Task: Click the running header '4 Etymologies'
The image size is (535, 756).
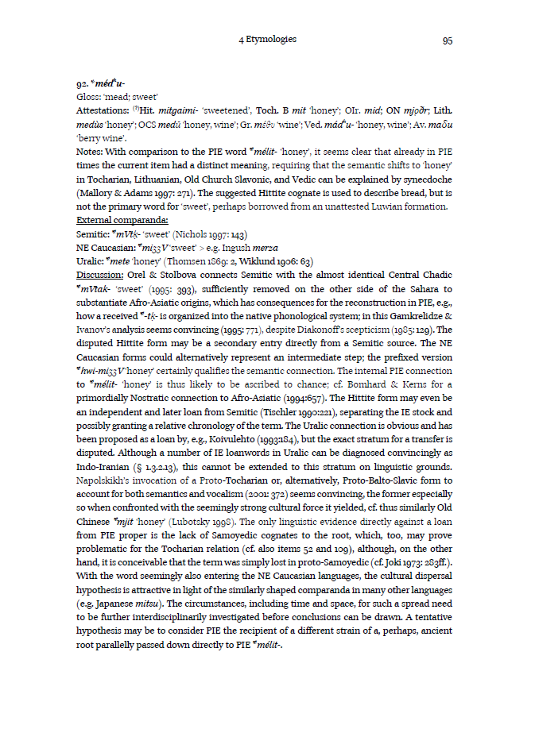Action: [267, 39]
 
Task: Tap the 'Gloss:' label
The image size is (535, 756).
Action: [89, 95]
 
